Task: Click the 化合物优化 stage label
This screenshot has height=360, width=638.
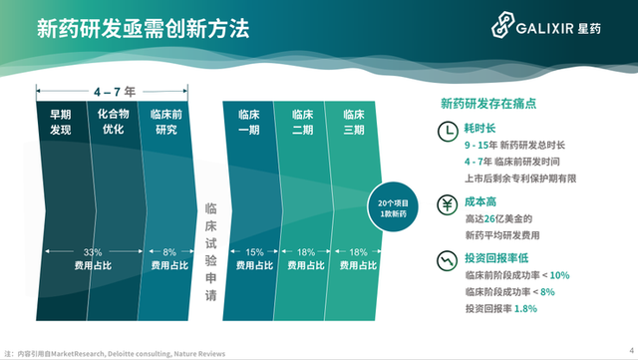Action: [x=112, y=123]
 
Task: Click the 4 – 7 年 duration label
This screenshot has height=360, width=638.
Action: [x=111, y=90]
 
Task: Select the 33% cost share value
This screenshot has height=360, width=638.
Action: [x=92, y=252]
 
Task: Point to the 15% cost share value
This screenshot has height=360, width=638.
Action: [x=255, y=252]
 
